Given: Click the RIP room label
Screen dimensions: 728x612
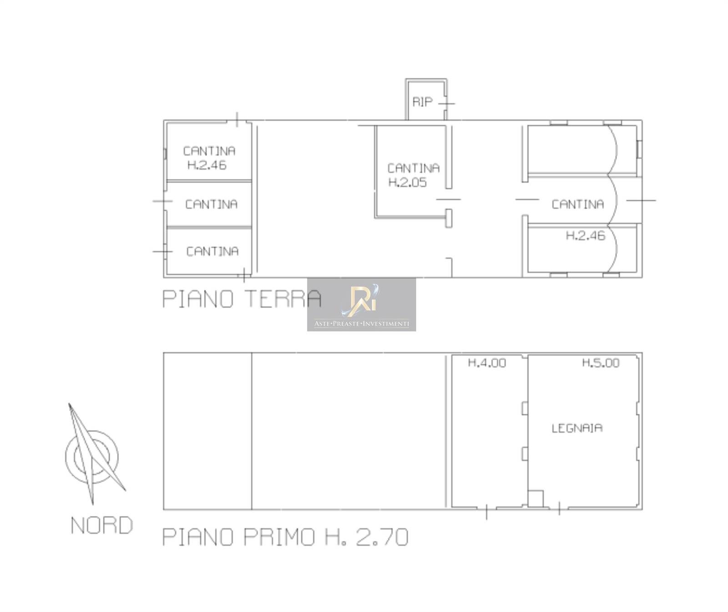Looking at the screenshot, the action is point(422,102).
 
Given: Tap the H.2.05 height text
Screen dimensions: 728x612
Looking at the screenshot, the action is point(408,183).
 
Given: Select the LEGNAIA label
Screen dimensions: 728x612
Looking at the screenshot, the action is point(577,428).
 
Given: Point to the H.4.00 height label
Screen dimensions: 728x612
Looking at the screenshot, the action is point(487,363).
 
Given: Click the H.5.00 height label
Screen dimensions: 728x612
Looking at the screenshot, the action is point(601,363).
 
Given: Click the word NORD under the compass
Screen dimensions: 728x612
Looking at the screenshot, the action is point(102,526).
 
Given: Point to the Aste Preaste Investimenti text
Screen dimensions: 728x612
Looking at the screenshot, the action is point(362,324).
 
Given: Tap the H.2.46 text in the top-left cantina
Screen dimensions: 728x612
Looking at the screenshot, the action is point(207,165).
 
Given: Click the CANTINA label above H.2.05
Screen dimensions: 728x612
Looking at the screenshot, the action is point(414,168).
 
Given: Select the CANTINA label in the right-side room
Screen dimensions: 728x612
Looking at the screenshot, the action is point(578,204).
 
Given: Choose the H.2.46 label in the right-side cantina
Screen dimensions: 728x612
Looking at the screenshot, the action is point(586,236).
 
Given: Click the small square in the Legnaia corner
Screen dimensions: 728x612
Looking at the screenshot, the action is point(536,498).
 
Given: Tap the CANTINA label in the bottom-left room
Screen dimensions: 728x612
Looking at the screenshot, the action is point(212,251).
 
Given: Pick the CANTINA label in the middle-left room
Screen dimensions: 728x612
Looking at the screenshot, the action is point(211,204).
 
